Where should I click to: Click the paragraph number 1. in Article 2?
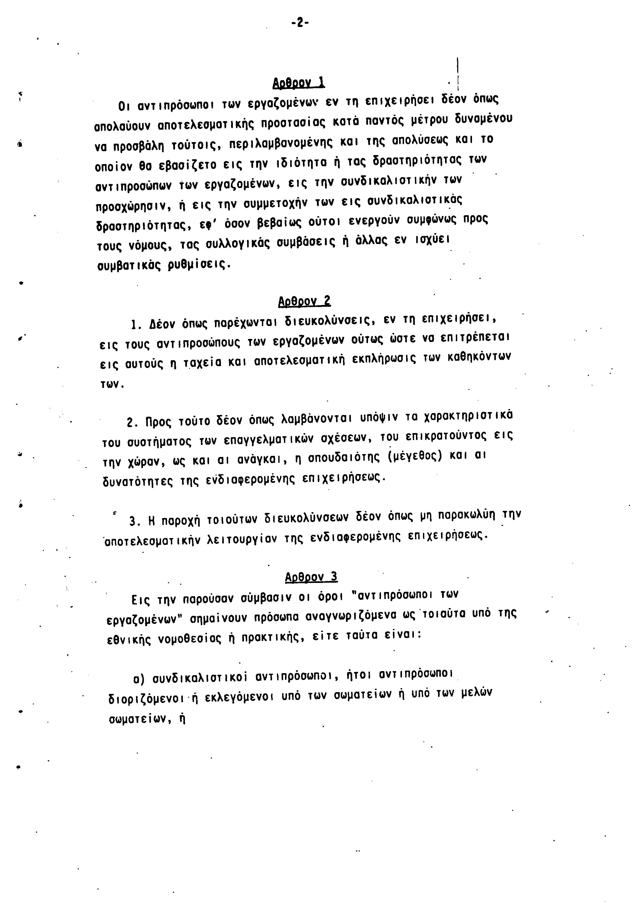tap(137, 325)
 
